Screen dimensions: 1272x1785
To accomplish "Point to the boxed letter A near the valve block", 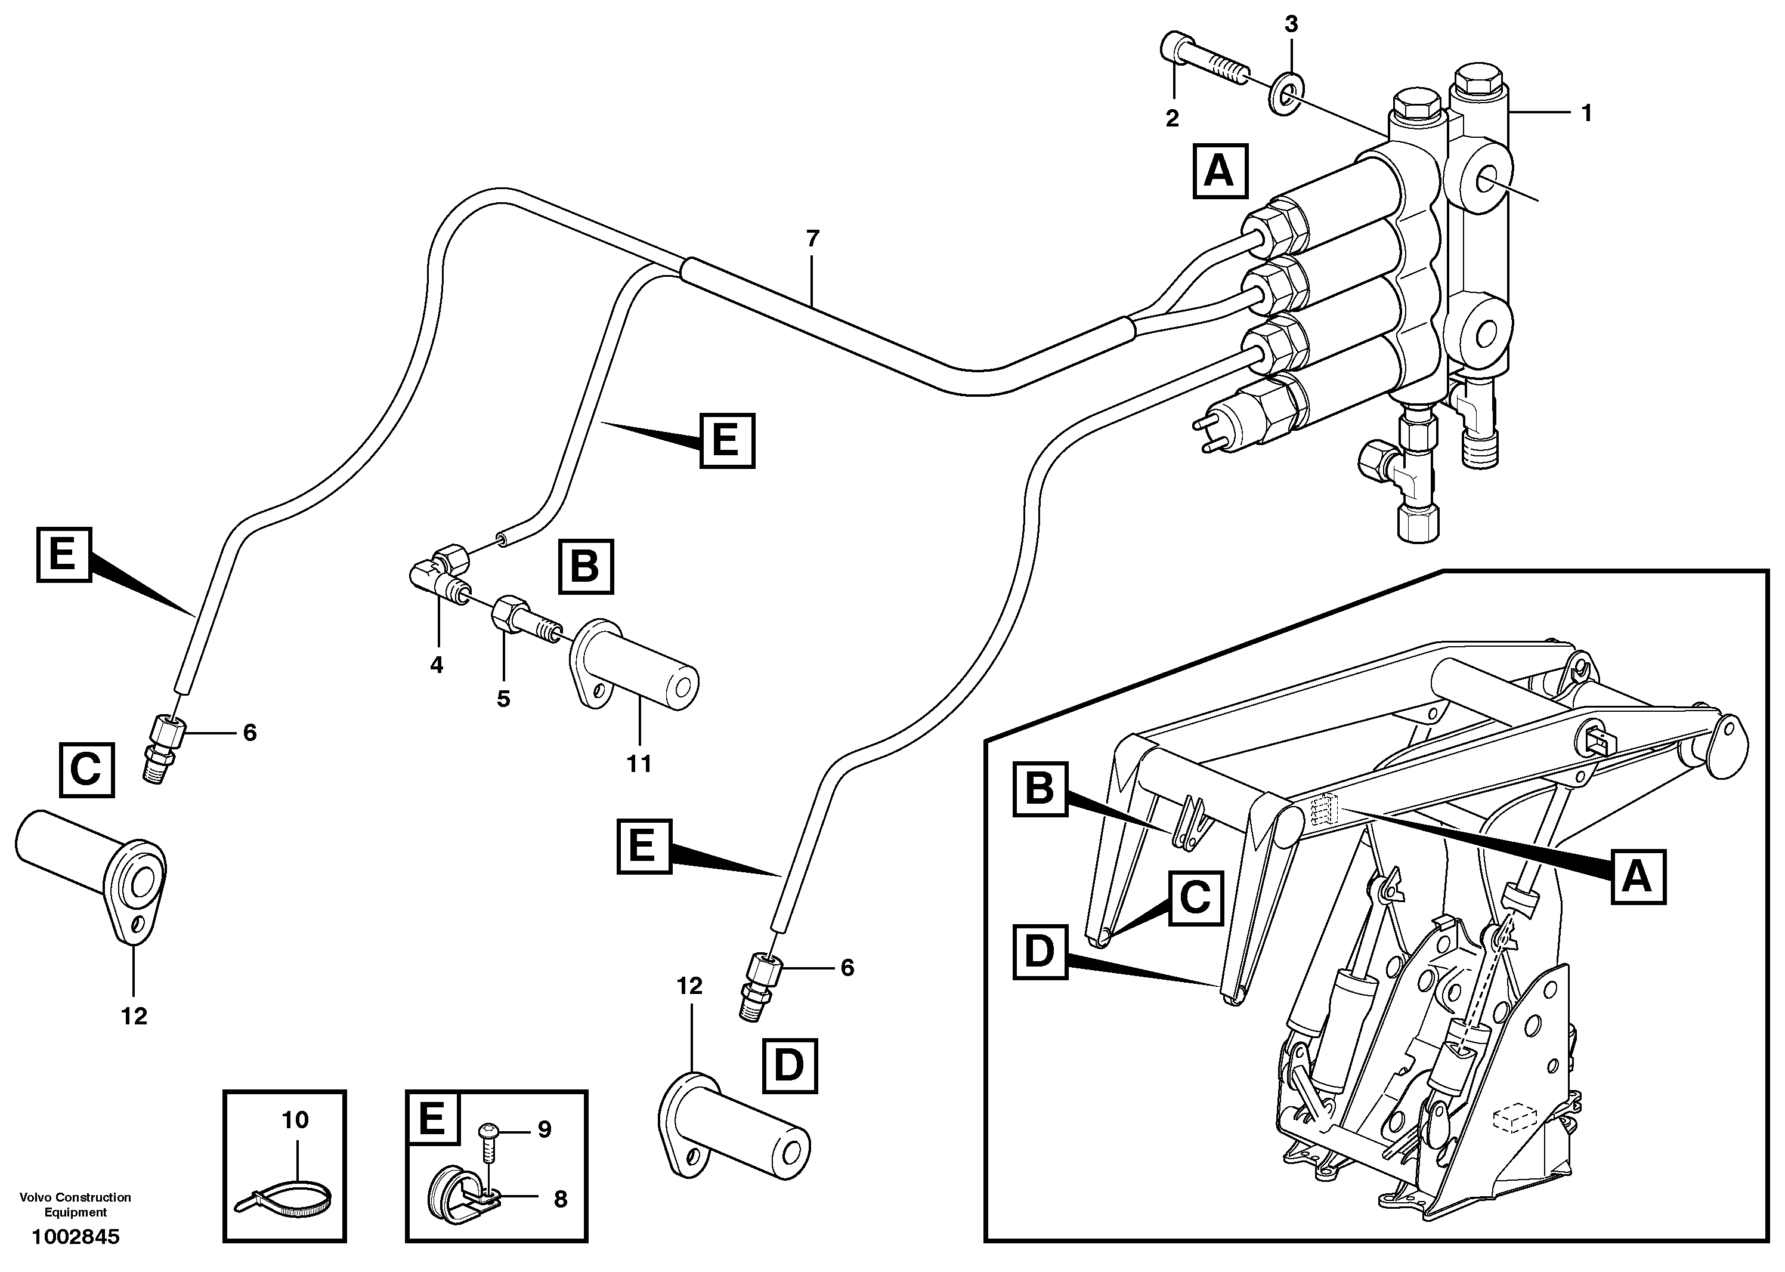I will pyautogui.click(x=1220, y=171).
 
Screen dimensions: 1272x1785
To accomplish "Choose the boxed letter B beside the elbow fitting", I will pyautogui.click(x=586, y=566).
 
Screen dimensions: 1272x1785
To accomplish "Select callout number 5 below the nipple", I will pyautogui.click(x=503, y=699).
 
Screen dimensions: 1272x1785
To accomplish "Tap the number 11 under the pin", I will pyautogui.click(x=639, y=764).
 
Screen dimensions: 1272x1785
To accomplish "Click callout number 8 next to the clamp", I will pyautogui.click(x=560, y=1199).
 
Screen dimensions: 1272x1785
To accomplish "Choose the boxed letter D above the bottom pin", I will pyautogui.click(x=789, y=1066).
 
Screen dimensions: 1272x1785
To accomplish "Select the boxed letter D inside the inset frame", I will pyautogui.click(x=1040, y=952).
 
